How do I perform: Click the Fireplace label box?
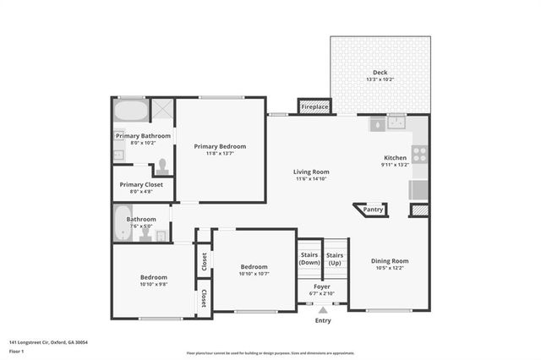click(314, 107)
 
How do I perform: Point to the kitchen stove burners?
click(418, 155)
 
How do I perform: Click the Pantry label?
click(373, 210)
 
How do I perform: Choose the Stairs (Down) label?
click(309, 259)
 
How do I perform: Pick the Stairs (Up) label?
click(335, 259)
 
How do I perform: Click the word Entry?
click(323, 320)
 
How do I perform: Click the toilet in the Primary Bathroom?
click(163, 166)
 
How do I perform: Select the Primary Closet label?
click(141, 184)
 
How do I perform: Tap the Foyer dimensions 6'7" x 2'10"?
click(322, 293)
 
